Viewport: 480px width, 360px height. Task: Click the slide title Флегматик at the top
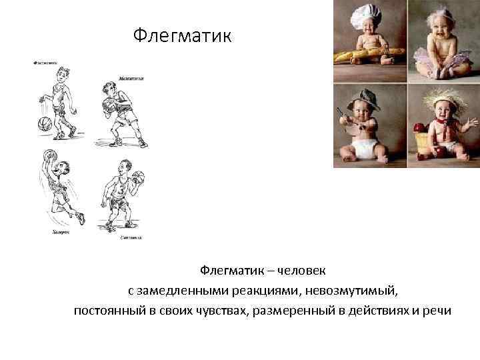pos(182,34)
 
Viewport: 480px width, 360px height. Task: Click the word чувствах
pos(219,311)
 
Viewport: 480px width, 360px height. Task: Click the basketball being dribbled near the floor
pos(45,123)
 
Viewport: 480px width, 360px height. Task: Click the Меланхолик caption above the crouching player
pos(131,79)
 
